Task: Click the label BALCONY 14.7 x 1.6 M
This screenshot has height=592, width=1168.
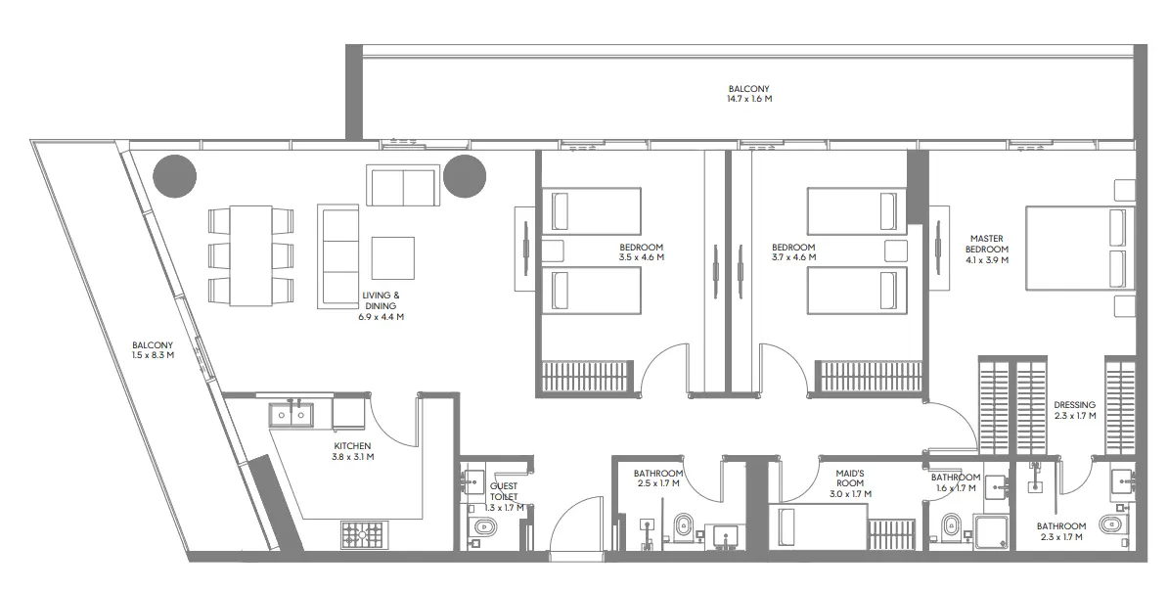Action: click(x=748, y=94)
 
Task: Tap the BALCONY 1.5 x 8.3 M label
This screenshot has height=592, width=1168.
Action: click(x=154, y=350)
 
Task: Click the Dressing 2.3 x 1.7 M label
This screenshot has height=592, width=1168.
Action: click(x=1074, y=410)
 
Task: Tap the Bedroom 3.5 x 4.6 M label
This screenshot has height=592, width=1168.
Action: click(x=642, y=252)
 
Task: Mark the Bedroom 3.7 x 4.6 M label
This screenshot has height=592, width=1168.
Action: click(x=793, y=252)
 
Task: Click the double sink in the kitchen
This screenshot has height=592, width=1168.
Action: click(x=291, y=415)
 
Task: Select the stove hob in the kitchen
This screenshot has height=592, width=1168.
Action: click(x=364, y=534)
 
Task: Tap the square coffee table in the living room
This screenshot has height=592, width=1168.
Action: click(x=392, y=258)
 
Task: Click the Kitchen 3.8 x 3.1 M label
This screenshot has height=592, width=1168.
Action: click(x=352, y=451)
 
